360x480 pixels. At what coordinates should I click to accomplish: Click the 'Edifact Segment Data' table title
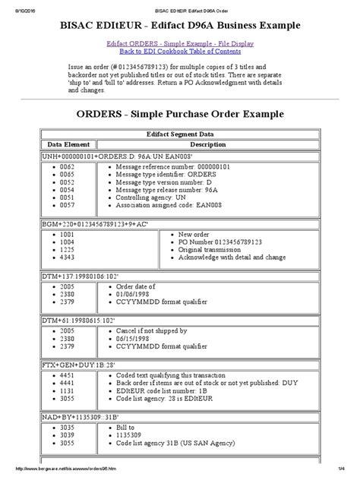pos(180,133)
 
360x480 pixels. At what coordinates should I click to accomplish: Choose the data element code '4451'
pos(67,377)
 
